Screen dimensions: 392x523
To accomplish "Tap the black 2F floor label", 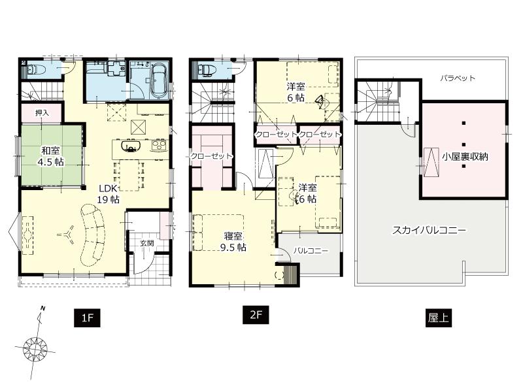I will coord(256,314).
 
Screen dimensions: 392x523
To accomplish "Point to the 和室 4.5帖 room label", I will coord(49,156).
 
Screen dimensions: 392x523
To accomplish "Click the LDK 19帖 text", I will coord(108,193).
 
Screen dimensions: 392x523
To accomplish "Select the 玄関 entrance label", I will coord(146,243).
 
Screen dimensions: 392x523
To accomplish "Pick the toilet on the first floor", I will coord(35,68).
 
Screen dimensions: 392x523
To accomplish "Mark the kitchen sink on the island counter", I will coord(130,148).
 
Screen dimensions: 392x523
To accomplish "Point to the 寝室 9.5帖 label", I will coord(232,242).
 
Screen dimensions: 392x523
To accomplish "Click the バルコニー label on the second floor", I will coord(309,250).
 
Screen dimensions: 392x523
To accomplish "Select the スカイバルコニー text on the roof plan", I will coord(429,231).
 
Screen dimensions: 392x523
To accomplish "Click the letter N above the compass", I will coord(42,308).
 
